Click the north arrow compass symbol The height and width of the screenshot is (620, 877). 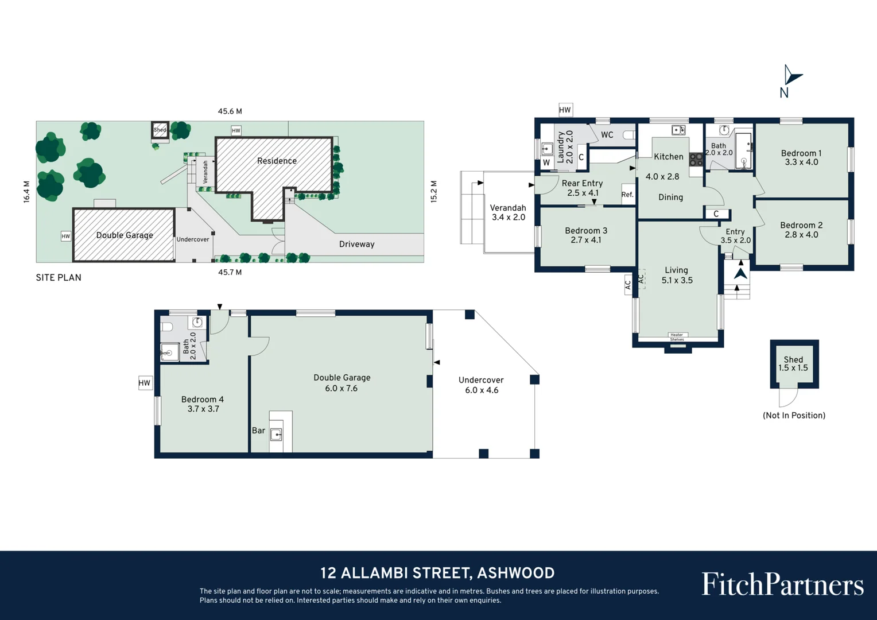(791, 76)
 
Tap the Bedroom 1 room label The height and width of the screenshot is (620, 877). (801, 153)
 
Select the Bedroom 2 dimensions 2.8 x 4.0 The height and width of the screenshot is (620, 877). (801, 235)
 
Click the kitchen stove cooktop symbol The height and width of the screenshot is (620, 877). (696, 159)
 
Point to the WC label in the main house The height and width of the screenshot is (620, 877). (607, 135)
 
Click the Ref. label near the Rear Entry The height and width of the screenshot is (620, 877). (627, 195)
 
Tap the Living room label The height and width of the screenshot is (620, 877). (676, 270)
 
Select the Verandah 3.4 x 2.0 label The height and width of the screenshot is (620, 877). (508, 212)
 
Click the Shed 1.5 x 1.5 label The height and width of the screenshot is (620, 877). (793, 363)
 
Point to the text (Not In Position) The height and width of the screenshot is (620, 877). (794, 415)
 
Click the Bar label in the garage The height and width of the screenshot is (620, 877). (258, 431)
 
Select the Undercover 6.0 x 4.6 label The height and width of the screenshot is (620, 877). (481, 385)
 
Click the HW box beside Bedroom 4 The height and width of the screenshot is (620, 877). (145, 383)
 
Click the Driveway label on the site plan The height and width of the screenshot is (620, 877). (356, 244)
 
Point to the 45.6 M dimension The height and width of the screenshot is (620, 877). (230, 111)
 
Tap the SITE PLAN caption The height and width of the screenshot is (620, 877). (59, 277)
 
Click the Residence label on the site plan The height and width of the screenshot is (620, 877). (277, 161)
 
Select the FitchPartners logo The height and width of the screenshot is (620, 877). (782, 584)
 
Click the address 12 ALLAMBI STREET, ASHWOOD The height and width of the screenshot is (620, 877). (437, 573)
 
